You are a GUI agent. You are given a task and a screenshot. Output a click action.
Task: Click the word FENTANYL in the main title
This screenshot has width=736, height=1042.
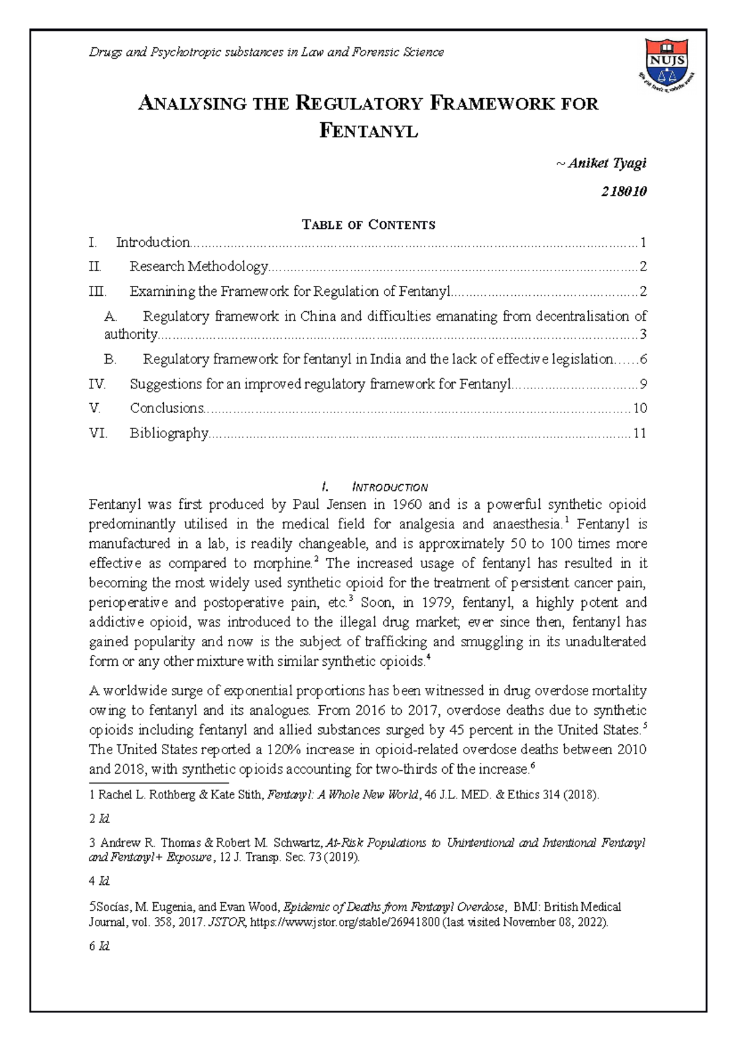[x=369, y=131]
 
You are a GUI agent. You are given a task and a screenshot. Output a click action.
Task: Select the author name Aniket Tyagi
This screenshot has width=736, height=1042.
[x=607, y=163]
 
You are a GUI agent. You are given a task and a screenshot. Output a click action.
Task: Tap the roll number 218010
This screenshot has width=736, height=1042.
[x=624, y=191]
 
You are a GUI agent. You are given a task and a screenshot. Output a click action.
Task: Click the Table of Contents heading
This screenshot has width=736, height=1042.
[x=369, y=225]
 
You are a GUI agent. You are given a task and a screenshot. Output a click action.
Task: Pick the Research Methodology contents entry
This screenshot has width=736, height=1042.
[x=199, y=266]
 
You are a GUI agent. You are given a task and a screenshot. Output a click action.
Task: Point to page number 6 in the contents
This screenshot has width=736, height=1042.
[x=643, y=359]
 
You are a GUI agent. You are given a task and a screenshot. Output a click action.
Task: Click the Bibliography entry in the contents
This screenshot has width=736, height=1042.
[x=169, y=433]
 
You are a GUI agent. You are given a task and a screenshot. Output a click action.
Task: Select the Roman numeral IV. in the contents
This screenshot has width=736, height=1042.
[x=98, y=384]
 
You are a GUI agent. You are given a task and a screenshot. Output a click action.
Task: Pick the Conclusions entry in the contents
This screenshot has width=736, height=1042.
[x=166, y=408]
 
